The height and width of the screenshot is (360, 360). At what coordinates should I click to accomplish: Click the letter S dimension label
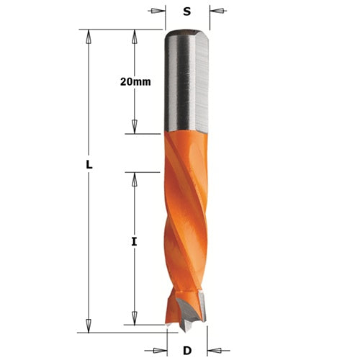[x=187, y=12]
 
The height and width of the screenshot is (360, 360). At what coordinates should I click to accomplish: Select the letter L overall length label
[x=89, y=164]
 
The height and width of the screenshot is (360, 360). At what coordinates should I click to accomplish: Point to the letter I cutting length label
[x=134, y=243]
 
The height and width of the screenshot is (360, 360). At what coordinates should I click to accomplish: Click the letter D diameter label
[x=186, y=351]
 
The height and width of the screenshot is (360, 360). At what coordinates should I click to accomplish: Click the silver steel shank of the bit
[x=186, y=83]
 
